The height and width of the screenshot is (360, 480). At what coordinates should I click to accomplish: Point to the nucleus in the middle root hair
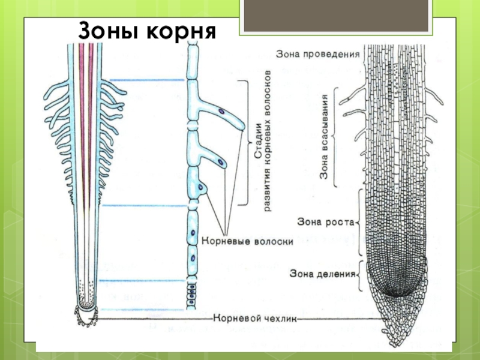click(x=222, y=162)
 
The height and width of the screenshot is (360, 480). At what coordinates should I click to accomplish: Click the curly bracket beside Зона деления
click(x=359, y=274)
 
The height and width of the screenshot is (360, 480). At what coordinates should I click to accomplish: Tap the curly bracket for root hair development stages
click(x=245, y=142)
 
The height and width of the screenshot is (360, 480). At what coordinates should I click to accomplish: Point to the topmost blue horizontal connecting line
click(x=147, y=80)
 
